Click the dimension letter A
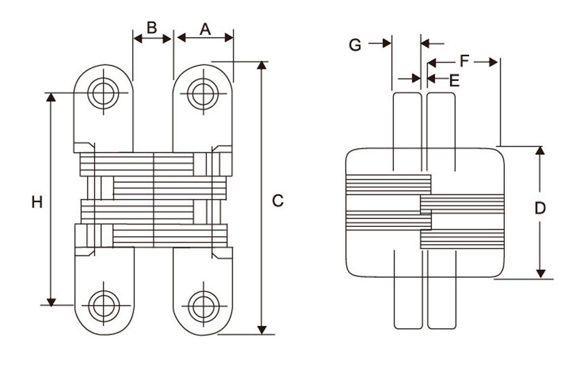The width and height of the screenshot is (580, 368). [205, 29]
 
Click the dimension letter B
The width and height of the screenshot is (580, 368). [152, 28]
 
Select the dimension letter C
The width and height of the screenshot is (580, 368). [277, 200]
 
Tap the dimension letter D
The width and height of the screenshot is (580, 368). [540, 208]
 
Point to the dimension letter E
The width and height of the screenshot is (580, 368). [454, 81]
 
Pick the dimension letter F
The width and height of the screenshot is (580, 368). [465, 61]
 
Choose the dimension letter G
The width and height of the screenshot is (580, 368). [355, 45]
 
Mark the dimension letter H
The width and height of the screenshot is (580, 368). [37, 202]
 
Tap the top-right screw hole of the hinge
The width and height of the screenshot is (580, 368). [203, 94]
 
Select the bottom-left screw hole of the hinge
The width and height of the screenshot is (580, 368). [104, 306]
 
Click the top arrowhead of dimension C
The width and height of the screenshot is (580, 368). [262, 65]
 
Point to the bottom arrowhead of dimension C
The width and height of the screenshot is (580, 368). [262, 330]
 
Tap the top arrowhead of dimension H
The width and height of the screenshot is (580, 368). [51, 97]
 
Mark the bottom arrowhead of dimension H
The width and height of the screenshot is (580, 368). [52, 301]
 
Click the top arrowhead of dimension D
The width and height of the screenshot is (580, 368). [540, 151]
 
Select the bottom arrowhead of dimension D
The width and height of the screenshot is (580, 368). [541, 274]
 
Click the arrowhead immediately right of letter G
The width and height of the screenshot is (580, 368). [387, 43]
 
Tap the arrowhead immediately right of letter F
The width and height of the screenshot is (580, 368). [493, 62]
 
